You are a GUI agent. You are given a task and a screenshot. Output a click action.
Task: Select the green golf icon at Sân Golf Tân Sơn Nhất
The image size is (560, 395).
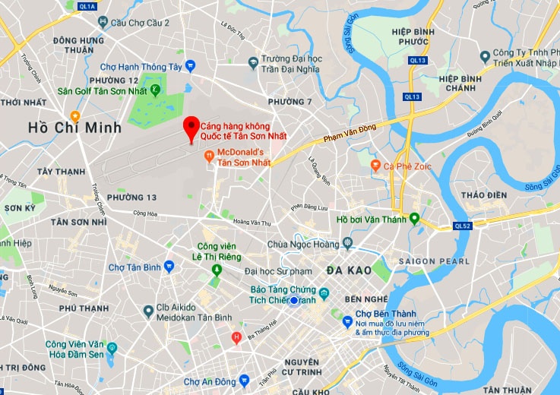[155, 90]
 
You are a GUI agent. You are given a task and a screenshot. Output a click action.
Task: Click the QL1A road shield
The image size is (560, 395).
[87, 6]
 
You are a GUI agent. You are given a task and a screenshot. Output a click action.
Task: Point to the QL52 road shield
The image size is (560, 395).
[462, 225]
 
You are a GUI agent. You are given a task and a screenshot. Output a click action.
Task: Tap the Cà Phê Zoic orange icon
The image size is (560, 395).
[375, 164]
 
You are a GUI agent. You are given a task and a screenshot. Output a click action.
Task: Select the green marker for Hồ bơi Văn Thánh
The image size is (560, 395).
[414, 220]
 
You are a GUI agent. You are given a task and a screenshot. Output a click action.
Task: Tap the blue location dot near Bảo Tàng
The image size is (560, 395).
[294, 302]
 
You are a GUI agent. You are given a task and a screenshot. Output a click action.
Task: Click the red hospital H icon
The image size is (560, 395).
[236, 337]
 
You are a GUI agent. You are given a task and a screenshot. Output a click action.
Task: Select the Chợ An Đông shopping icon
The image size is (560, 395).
[243, 380]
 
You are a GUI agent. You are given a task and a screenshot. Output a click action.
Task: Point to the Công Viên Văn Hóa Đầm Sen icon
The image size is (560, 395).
[112, 349]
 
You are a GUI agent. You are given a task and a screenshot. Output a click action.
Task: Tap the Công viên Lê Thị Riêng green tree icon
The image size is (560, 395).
[217, 270]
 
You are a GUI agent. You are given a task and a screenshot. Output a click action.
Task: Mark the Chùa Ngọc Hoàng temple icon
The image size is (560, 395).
[348, 244]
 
